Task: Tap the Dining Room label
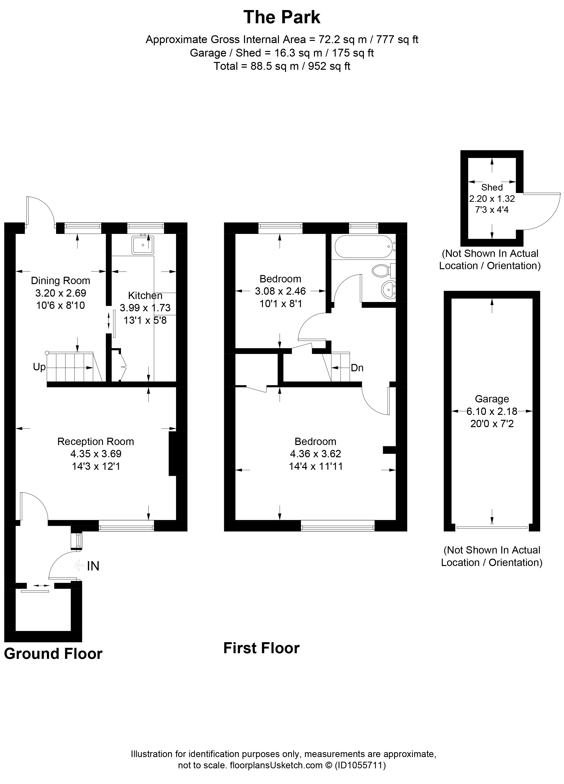[60, 280]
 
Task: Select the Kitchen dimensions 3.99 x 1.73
[145, 308]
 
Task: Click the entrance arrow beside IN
[79, 566]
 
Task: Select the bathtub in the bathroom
[363, 246]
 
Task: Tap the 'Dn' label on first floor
[357, 368]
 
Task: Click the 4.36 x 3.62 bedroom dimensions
[315, 454]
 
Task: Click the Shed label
[492, 187]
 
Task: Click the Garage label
[492, 399]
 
